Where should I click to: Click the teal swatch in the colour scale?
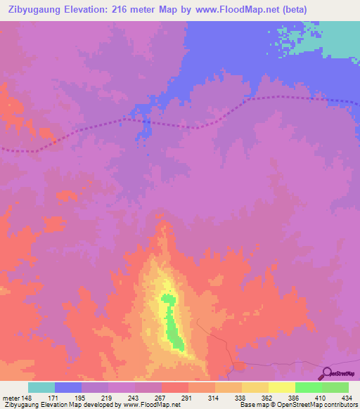point(41,388)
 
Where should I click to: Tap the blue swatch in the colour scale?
point(68,388)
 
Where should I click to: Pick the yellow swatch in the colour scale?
point(282,388)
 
